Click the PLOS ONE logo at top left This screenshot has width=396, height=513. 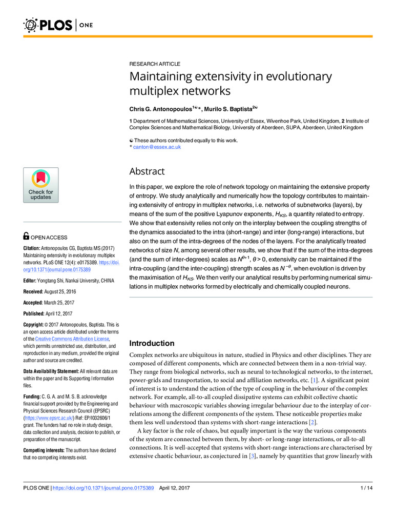point(50,24)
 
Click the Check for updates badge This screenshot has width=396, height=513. point(41,185)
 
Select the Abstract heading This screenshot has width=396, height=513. point(147,171)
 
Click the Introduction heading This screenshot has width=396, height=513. point(152,343)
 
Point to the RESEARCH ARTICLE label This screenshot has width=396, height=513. point(154,64)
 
